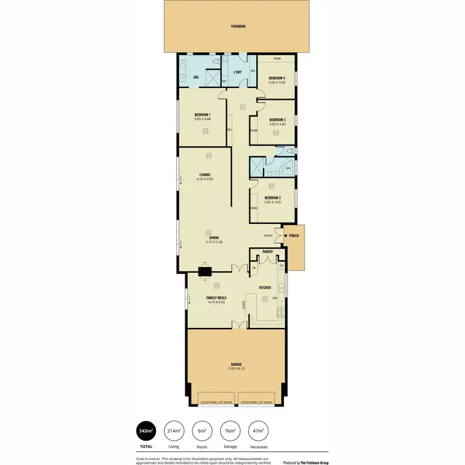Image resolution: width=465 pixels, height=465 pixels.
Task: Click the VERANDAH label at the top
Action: (x=238, y=27)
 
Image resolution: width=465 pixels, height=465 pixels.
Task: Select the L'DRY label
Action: (x=237, y=73)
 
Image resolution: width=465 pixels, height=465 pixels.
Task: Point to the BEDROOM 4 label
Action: (x=277, y=78)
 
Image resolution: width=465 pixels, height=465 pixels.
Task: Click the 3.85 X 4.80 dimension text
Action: (x=203, y=119)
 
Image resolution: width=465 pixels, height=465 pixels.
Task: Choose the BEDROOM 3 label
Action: (x=277, y=120)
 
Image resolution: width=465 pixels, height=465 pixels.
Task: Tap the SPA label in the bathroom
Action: (x=288, y=168)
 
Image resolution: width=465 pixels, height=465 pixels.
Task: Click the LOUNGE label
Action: (x=205, y=174)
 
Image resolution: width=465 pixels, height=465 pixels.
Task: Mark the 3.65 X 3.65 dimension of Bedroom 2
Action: (x=273, y=202)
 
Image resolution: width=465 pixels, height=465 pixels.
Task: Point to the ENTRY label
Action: (x=268, y=236)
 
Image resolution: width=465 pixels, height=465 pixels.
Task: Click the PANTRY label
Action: (x=268, y=252)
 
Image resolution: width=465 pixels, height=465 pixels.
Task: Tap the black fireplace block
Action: (x=204, y=270)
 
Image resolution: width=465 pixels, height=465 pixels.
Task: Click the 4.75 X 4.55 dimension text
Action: (x=216, y=303)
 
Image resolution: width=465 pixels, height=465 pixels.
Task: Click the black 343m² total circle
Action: (x=146, y=431)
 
